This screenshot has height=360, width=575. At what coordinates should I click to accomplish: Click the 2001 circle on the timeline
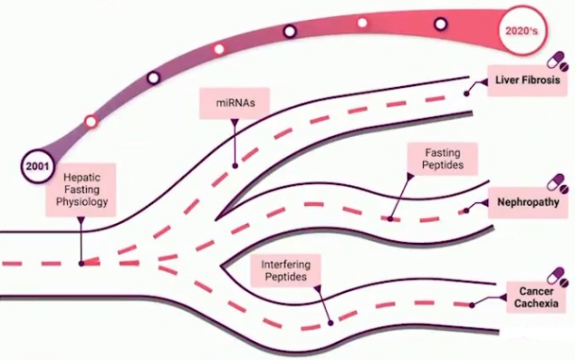coord(37,166)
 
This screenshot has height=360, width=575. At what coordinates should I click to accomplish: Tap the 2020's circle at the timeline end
coord(521,30)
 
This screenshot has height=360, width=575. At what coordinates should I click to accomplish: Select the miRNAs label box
coord(235,103)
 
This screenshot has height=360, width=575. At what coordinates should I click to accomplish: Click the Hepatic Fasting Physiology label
coord(81,190)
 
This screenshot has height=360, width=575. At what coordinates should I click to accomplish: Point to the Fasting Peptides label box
coord(443,159)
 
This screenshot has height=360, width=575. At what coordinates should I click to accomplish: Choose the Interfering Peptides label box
coord(286,270)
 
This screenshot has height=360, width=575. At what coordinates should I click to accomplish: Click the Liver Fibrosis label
coord(528,80)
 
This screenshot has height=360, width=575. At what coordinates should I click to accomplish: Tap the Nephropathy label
coord(528,202)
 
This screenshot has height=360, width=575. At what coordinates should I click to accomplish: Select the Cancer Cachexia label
coord(535,298)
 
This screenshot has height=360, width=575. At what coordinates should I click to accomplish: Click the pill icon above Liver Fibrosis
coord(557,61)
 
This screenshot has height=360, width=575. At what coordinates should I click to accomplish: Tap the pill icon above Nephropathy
coord(557,184)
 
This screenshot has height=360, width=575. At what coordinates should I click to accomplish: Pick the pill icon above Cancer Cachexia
coord(557,278)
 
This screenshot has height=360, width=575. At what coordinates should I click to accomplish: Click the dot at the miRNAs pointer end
coord(235,166)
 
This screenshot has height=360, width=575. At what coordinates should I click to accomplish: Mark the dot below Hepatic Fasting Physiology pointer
coord(81,264)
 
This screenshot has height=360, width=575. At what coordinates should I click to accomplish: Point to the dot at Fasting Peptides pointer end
coord(390,219)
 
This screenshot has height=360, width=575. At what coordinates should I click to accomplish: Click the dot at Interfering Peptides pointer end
coord(330,323)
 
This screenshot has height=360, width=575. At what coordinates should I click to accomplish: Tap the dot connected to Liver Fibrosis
coord(466,94)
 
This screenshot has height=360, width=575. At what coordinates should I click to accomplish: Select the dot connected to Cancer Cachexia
coord(472,305)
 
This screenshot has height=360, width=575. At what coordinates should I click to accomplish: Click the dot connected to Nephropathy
coord(465,211)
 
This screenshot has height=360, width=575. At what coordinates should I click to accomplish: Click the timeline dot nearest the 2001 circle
coord(91,122)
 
